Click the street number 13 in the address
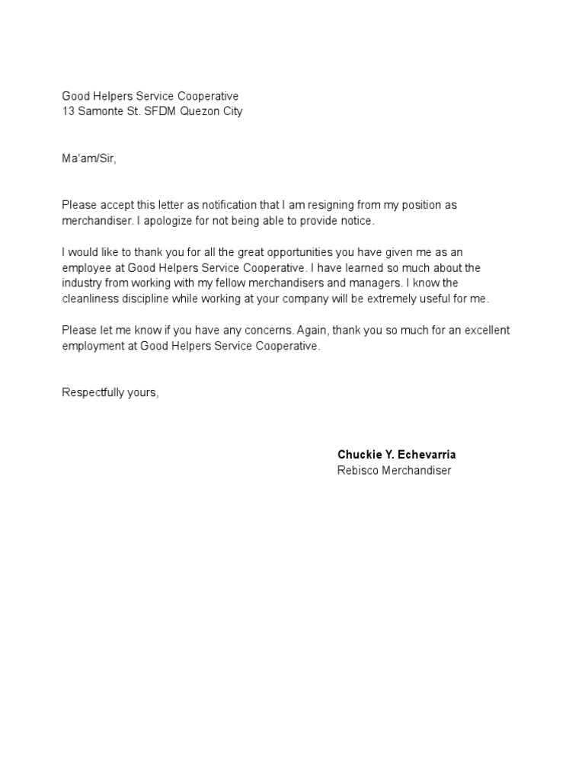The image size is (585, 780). tap(67, 111)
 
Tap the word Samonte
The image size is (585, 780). tap(100, 111)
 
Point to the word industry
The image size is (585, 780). tap(82, 283)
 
